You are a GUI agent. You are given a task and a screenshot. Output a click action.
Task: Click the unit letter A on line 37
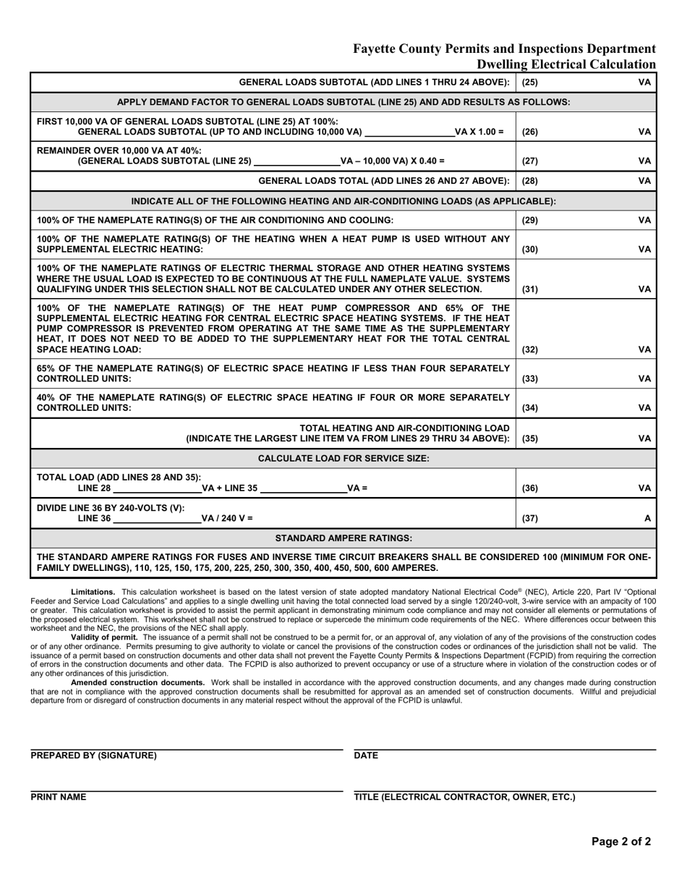point(647,519)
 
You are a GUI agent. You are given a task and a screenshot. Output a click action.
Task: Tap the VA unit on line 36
point(644,488)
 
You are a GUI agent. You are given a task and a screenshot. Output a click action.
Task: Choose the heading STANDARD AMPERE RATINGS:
point(344,538)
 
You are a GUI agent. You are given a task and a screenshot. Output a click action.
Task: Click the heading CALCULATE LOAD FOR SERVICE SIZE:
point(343,458)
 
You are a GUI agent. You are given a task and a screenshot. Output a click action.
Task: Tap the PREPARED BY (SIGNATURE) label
point(93,755)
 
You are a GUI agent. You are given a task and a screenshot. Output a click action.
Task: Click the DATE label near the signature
point(366,755)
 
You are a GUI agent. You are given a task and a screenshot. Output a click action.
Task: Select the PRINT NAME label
point(59,797)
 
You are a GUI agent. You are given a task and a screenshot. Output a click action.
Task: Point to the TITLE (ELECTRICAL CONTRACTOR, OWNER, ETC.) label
point(464,797)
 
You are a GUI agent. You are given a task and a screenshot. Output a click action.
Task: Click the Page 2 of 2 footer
point(620,842)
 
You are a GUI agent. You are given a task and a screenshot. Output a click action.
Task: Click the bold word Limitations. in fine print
point(93,592)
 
